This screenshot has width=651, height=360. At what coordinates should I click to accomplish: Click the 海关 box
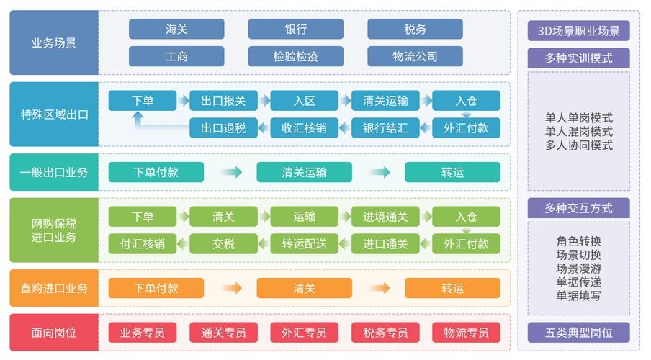click(x=176, y=29)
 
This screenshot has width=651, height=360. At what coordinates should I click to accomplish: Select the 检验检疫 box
click(x=296, y=56)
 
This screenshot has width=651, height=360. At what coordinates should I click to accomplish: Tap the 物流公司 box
click(x=415, y=56)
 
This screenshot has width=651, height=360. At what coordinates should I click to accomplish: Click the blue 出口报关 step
click(x=223, y=101)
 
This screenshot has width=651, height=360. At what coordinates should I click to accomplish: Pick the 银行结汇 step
click(x=385, y=128)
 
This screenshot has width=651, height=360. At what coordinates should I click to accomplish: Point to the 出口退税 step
click(x=223, y=128)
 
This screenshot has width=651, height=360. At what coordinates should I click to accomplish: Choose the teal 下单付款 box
click(x=156, y=172)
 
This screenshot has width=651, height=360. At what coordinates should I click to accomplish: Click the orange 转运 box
click(x=452, y=288)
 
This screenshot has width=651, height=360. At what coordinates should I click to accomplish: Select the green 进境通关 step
click(x=385, y=217)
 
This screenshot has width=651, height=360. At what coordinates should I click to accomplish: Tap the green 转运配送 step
click(x=304, y=243)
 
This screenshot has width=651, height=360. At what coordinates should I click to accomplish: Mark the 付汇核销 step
click(x=142, y=243)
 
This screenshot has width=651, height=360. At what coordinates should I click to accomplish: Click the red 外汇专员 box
click(x=304, y=333)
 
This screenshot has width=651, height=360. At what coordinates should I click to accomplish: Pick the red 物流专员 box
click(x=466, y=333)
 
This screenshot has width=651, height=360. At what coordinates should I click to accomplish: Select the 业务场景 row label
click(x=54, y=42)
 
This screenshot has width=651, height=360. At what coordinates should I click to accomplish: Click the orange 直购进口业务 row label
click(x=54, y=288)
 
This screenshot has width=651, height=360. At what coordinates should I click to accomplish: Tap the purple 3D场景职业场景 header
click(x=578, y=30)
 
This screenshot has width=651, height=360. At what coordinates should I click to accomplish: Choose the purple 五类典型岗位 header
click(x=578, y=333)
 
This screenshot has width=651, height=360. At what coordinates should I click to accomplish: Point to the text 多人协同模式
click(x=578, y=145)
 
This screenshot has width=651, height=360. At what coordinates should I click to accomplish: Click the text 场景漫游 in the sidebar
click(x=578, y=268)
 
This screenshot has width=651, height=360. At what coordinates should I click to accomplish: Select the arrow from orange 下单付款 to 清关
click(x=230, y=288)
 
